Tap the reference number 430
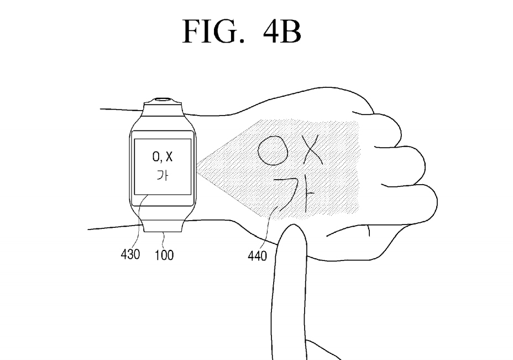(130, 255)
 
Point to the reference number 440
(258, 255)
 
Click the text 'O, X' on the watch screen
(163, 158)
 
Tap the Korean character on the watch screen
(163, 178)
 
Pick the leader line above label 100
(164, 239)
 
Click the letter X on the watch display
(169, 158)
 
